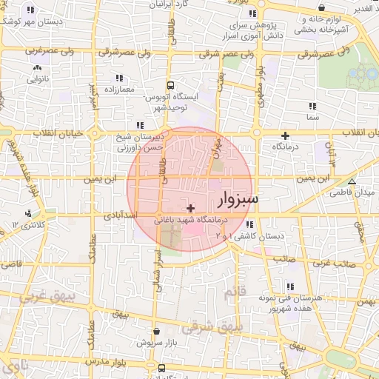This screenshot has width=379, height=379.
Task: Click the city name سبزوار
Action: click(x=239, y=200)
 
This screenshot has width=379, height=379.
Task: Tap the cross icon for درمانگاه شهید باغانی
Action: click(x=192, y=209)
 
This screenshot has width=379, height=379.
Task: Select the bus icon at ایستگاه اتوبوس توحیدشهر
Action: click(x=171, y=86)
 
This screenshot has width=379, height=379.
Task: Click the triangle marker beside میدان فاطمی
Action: click(x=352, y=181)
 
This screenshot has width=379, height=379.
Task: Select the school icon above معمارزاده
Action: click(x=118, y=78)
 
